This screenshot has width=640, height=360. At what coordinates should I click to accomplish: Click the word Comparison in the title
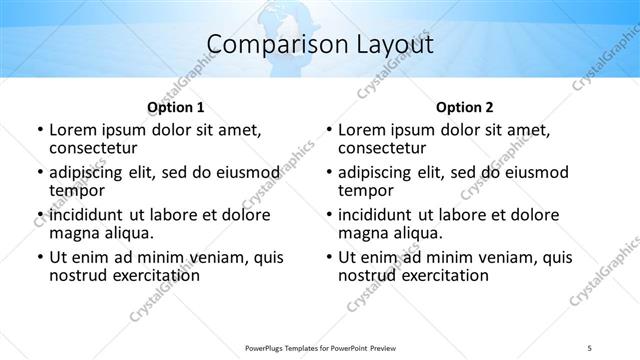click(269, 44)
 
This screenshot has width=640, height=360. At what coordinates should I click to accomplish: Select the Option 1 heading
click(176, 106)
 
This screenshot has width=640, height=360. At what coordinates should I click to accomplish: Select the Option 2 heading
click(464, 106)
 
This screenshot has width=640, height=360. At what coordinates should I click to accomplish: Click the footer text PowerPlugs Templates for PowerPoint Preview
click(320, 347)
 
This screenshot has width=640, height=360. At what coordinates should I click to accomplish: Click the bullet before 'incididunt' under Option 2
click(329, 215)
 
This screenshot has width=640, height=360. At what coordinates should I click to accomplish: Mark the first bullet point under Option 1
click(40, 130)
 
